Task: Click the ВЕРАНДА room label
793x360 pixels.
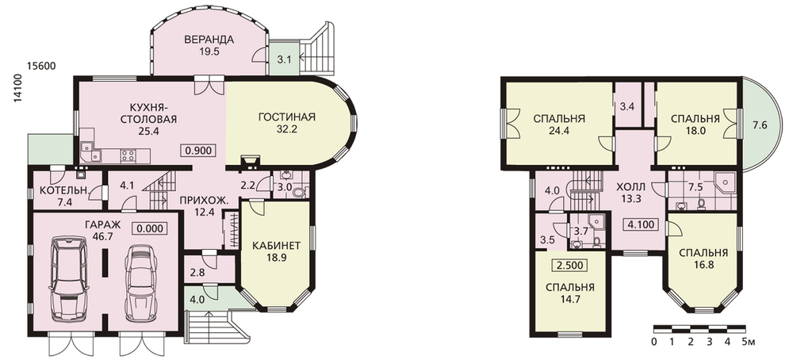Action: (x=209, y=40)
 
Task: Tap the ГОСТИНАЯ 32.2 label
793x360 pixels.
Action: (x=287, y=123)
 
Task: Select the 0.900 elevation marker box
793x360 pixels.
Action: (x=198, y=150)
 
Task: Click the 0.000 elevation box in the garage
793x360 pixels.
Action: (x=150, y=228)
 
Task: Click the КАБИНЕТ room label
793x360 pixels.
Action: (x=276, y=246)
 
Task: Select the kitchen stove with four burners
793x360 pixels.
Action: (x=128, y=155)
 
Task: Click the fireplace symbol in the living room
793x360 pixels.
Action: (x=249, y=161)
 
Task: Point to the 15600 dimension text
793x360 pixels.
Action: (x=41, y=67)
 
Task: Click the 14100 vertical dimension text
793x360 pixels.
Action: (x=17, y=89)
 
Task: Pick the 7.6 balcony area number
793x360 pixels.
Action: (x=760, y=124)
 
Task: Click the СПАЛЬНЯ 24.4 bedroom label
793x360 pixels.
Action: (x=559, y=124)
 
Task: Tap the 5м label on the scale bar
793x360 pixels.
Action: (x=749, y=343)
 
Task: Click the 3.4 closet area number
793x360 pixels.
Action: (x=627, y=107)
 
